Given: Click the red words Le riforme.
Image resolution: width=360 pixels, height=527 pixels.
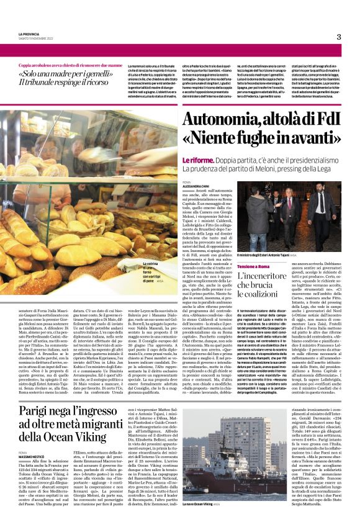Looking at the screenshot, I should [199, 159].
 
